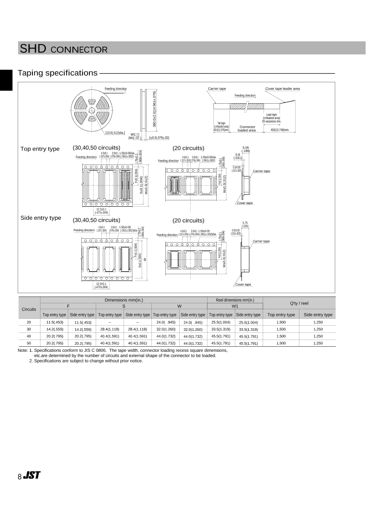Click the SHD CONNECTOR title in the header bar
[x=63, y=49]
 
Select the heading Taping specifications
[x=58, y=73]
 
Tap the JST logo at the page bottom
[x=32, y=475]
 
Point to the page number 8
[x=19, y=477]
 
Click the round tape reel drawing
[x=91, y=111]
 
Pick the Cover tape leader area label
[x=283, y=89]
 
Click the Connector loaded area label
[x=247, y=129]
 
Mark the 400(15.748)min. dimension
[x=280, y=130]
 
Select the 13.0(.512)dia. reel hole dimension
[x=115, y=132]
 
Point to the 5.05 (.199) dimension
[x=246, y=149]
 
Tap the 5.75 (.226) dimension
[x=245, y=224]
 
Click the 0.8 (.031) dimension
[x=238, y=156]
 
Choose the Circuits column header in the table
[x=29, y=309]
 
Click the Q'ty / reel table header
[x=299, y=303]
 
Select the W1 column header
[x=235, y=306]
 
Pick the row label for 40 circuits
[x=29, y=336]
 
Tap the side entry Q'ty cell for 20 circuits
[x=318, y=322]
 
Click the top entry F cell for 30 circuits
[x=54, y=329]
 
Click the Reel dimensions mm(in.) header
[x=235, y=300]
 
